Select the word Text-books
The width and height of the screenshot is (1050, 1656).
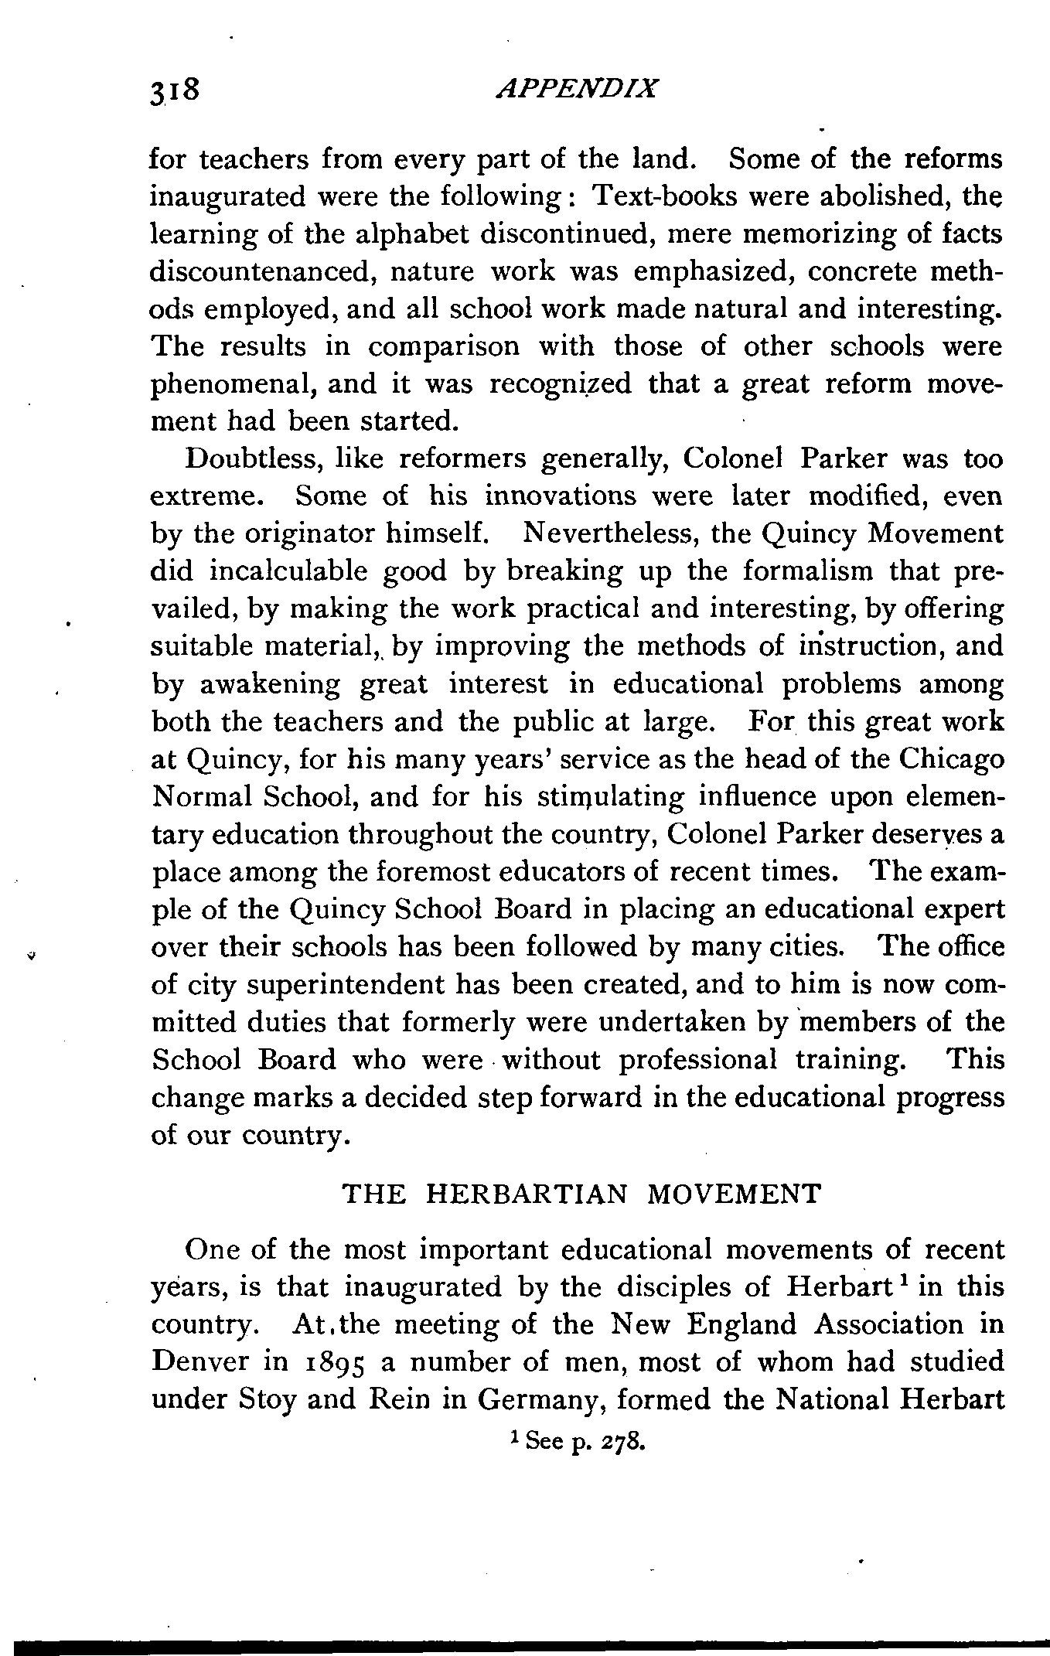[659, 197]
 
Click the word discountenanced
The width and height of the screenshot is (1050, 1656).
[260, 273]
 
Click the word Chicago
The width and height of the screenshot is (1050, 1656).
[952, 759]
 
